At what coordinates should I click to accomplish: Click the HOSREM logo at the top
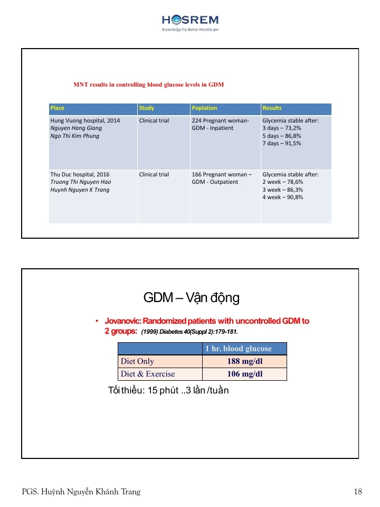[x=190, y=22]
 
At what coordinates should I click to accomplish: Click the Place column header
[x=58, y=108]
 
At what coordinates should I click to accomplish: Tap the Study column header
[x=147, y=108]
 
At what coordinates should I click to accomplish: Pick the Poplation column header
[x=205, y=108]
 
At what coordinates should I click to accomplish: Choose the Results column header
[x=272, y=108]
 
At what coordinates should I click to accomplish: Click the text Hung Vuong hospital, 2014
[x=85, y=121]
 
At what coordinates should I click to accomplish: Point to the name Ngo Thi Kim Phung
[x=74, y=136]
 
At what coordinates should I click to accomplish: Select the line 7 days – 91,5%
[x=282, y=143]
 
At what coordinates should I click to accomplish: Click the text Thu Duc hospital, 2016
[x=80, y=174]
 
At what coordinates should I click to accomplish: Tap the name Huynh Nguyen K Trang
[x=80, y=190]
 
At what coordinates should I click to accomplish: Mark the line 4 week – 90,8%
[x=283, y=197]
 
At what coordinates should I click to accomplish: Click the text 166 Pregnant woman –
[x=222, y=174]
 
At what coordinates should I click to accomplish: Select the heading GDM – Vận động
[x=192, y=298]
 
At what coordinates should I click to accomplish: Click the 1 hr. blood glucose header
[x=244, y=349]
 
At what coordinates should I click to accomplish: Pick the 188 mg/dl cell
[x=244, y=362]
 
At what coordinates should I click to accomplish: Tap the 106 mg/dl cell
[x=244, y=374]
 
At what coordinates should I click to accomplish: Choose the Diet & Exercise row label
[x=148, y=374]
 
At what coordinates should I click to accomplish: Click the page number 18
[x=358, y=492]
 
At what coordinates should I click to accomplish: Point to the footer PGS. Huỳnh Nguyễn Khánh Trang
[x=81, y=492]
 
